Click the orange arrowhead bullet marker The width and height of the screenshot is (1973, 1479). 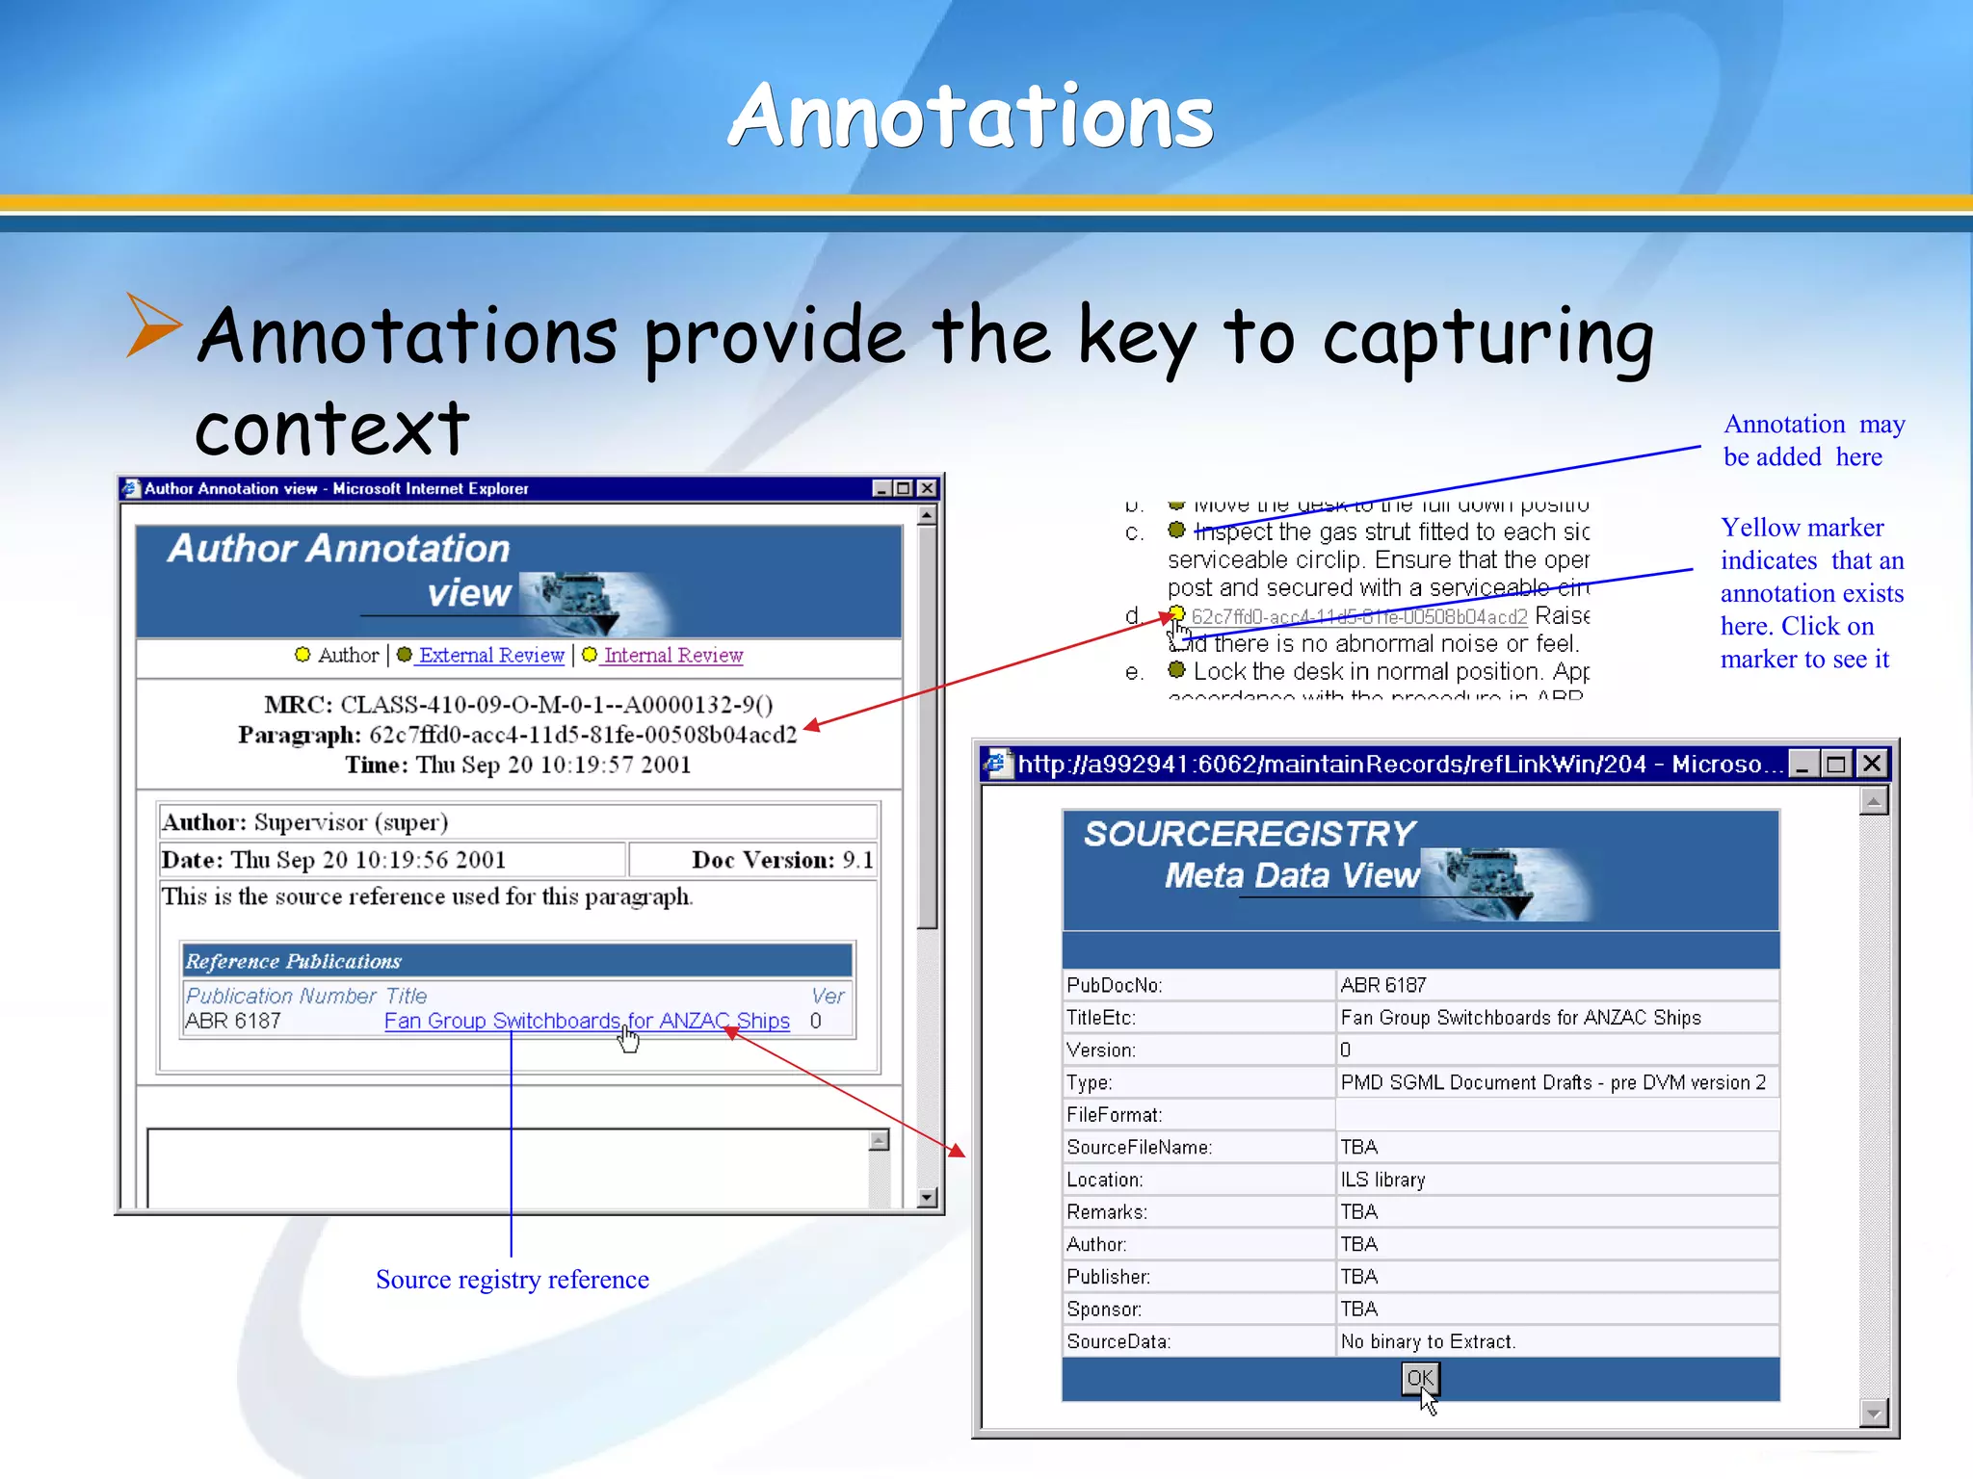[x=152, y=326]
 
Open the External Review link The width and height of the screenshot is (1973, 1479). [x=490, y=656]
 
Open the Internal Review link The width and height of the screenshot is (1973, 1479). [x=672, y=656]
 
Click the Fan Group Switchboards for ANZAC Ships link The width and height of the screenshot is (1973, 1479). [x=586, y=1021]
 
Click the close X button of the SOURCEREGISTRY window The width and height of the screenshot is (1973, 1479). [x=1872, y=765]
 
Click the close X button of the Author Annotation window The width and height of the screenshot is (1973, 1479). [x=927, y=488]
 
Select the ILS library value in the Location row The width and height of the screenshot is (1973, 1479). [x=1382, y=1180]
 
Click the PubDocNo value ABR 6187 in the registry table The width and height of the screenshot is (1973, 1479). [x=1383, y=985]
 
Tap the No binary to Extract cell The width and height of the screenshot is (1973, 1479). [x=1428, y=1341]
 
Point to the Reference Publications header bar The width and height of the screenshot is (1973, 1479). [x=517, y=961]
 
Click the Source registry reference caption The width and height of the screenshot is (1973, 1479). [x=512, y=1280]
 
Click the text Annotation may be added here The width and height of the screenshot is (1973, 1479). [x=1812, y=441]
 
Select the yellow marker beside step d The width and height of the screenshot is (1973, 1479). [x=1176, y=614]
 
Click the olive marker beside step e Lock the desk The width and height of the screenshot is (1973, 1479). [x=1176, y=670]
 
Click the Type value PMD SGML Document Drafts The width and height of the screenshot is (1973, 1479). [x=1552, y=1082]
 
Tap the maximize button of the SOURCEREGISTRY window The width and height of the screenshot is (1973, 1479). [x=1836, y=765]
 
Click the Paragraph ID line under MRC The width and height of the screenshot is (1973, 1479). [x=517, y=735]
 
